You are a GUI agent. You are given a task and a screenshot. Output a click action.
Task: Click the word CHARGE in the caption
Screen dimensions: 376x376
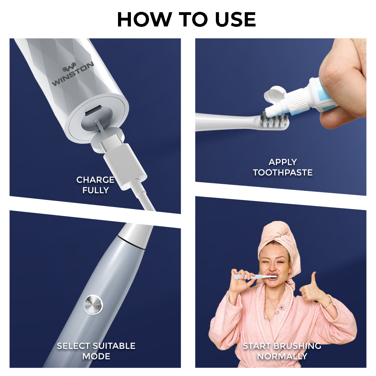(x=95, y=180)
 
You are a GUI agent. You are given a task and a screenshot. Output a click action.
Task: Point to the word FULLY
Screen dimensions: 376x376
(x=95, y=190)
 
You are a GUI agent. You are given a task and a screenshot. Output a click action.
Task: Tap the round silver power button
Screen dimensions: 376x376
(x=94, y=304)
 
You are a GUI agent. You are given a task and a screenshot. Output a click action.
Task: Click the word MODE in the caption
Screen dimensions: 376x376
(x=96, y=357)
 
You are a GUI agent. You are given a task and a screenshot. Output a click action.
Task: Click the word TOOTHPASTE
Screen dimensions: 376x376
(x=283, y=172)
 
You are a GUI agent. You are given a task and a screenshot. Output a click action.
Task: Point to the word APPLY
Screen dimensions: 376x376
(x=283, y=162)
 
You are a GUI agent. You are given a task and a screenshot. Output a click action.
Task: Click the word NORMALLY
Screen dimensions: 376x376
(x=282, y=357)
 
